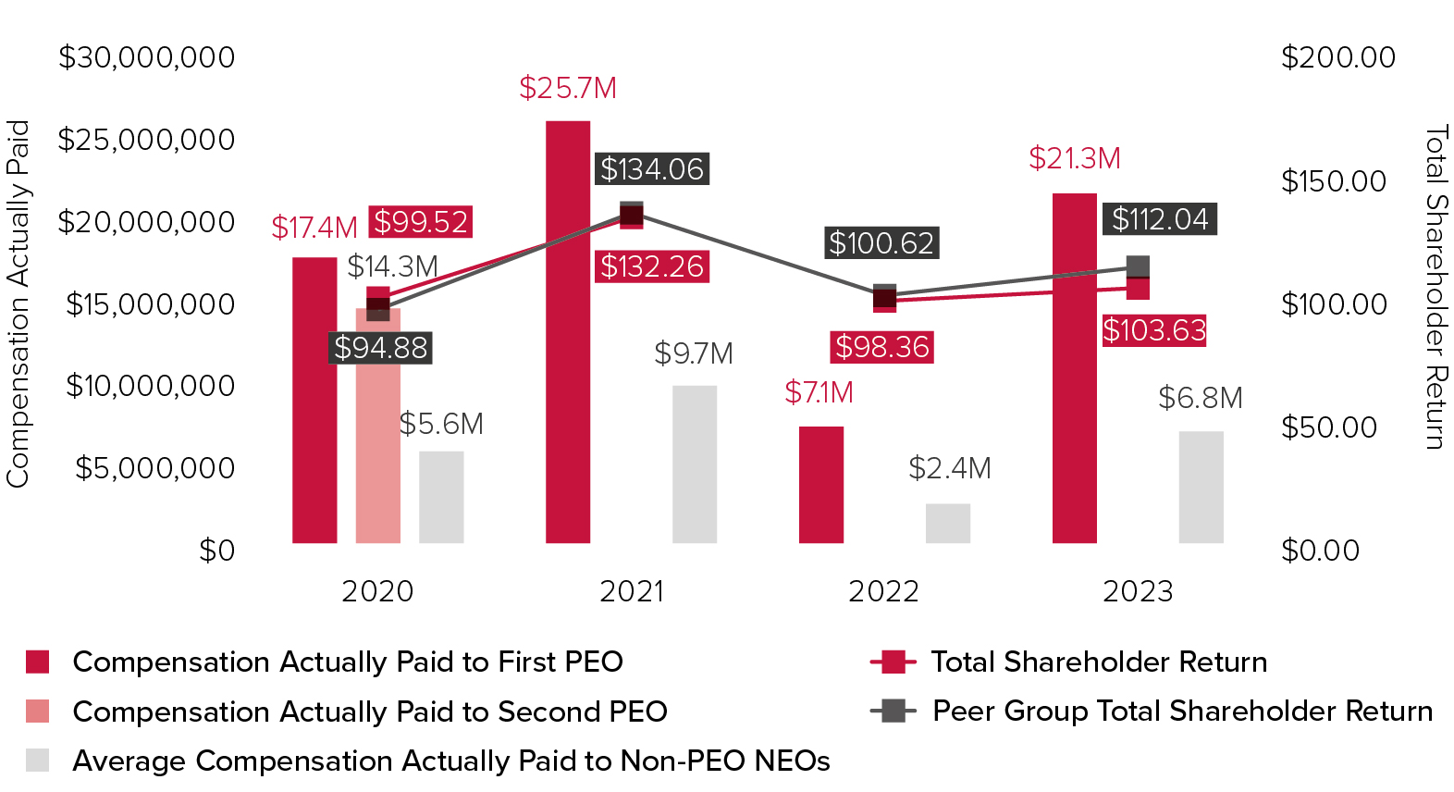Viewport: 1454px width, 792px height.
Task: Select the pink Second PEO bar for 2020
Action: point(378,435)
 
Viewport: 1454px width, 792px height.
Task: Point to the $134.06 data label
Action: point(652,169)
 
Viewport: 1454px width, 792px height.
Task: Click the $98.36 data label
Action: point(882,347)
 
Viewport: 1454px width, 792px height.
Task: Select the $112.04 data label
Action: point(1160,219)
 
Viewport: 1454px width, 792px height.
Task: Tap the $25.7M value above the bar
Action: point(568,88)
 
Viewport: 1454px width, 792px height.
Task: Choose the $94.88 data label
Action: point(381,348)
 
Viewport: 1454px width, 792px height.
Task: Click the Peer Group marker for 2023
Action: point(1139,266)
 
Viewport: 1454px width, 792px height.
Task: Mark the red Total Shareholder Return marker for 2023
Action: point(1139,289)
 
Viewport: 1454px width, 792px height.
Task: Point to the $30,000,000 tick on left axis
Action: point(147,57)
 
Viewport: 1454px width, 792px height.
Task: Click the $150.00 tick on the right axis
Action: point(1333,181)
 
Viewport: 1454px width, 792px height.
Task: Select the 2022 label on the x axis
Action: point(883,591)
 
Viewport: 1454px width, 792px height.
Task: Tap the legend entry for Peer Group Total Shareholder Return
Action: point(1181,711)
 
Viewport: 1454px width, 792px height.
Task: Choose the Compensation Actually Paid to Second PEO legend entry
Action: point(369,712)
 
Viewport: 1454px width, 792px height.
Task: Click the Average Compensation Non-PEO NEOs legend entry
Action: point(450,761)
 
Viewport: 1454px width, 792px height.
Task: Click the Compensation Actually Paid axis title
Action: point(18,303)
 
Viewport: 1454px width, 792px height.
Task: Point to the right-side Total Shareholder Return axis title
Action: point(1435,287)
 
